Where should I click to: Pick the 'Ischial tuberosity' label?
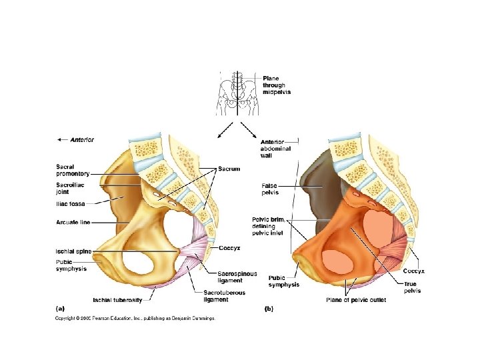tap(117, 299)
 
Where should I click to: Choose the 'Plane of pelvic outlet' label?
tap(357, 300)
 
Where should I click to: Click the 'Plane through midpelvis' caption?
tap(277, 85)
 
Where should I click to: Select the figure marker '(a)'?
tap(60, 309)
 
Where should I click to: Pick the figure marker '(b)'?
tap(269, 309)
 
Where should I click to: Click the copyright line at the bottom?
tap(135, 319)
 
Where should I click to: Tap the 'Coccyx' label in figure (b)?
tap(414, 271)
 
